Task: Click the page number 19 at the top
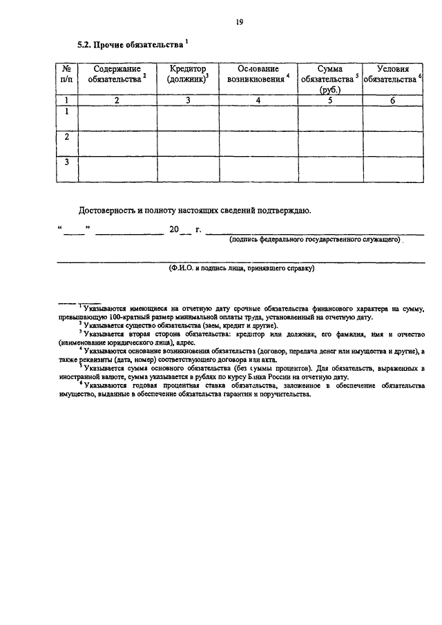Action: (239, 23)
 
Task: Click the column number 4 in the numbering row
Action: (258, 101)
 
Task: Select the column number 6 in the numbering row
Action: (393, 101)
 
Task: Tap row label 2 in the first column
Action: (67, 137)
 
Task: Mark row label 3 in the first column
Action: (67, 162)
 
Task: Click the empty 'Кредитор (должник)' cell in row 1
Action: (188, 117)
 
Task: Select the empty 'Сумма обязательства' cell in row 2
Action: (330, 143)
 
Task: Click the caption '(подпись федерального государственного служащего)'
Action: (316, 240)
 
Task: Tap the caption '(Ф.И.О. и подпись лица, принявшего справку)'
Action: (240, 268)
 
